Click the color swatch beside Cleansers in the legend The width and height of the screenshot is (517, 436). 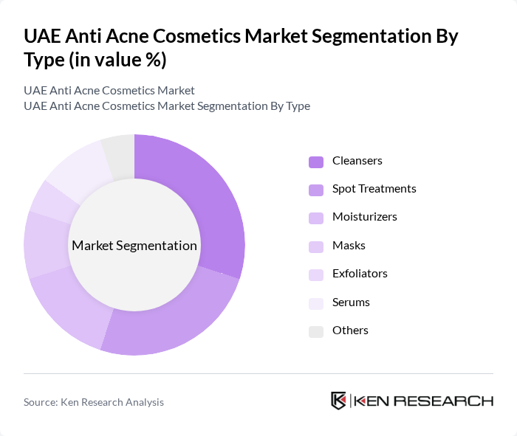[x=316, y=161]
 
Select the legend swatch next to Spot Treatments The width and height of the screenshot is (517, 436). [x=316, y=190]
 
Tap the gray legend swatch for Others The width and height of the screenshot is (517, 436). [x=316, y=331]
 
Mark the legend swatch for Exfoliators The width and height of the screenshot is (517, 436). [x=316, y=274]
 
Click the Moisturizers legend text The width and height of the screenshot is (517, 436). [x=364, y=217]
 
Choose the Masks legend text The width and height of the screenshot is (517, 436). [x=349, y=246]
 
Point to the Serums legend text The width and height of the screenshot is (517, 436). [x=351, y=302]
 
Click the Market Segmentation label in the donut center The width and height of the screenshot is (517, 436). [x=134, y=246]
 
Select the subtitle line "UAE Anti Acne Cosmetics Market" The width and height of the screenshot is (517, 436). [x=109, y=90]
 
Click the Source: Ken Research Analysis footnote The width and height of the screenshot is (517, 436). [x=94, y=402]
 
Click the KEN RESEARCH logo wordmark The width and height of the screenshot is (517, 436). [x=423, y=401]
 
